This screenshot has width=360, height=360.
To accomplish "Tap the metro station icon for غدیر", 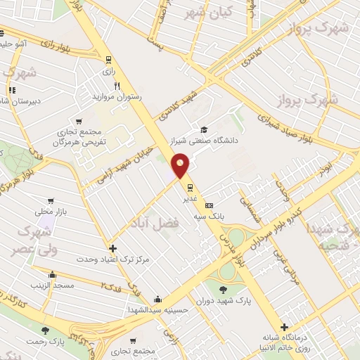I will (190, 187).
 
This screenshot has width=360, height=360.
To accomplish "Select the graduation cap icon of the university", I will (203, 129).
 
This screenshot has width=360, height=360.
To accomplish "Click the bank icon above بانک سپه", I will (209, 205).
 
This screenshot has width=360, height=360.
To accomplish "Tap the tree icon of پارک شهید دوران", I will (223, 289).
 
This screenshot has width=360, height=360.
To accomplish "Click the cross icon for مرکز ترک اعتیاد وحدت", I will (112, 248).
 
